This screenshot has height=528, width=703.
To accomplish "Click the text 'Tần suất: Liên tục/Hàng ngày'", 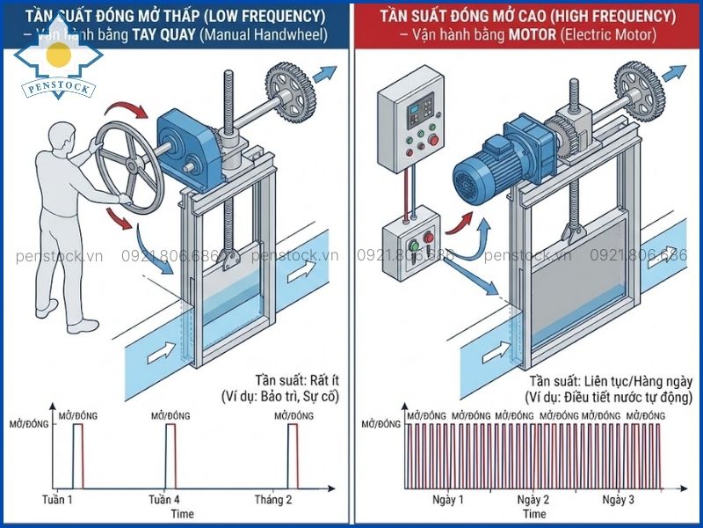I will click(x=610, y=381).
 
